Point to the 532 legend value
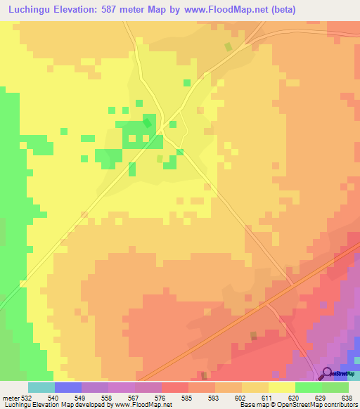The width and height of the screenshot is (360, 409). pyautogui.click(x=26, y=397)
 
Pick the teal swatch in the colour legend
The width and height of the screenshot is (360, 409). pyautogui.click(x=41, y=387)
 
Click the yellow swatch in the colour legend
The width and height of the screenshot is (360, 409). pyautogui.click(x=281, y=387)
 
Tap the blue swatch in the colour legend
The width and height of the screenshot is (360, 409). pyautogui.click(x=67, y=387)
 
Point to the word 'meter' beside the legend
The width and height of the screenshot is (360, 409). pyautogui.click(x=10, y=397)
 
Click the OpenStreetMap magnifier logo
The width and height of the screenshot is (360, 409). pyautogui.click(x=327, y=372)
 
